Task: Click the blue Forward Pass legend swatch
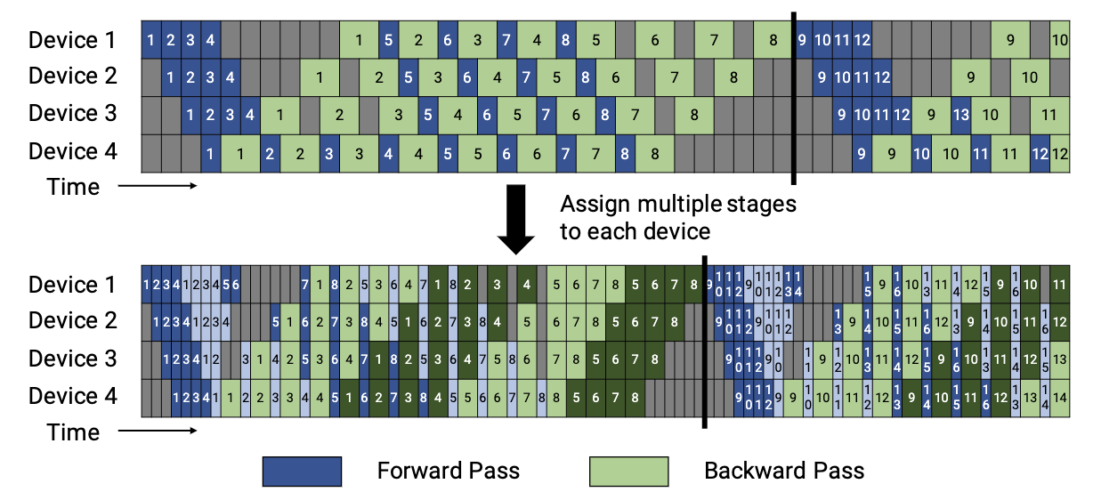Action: point(302,471)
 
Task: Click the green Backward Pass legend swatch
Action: point(628,471)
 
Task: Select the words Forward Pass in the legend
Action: point(448,471)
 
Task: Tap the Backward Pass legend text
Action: point(784,471)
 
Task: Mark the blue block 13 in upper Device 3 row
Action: point(960,115)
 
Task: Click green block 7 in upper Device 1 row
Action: point(713,40)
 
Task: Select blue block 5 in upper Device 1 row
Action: point(388,40)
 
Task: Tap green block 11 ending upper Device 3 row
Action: point(1049,115)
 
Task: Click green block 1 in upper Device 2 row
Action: point(320,77)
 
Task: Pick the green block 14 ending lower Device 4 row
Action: point(1059,397)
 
